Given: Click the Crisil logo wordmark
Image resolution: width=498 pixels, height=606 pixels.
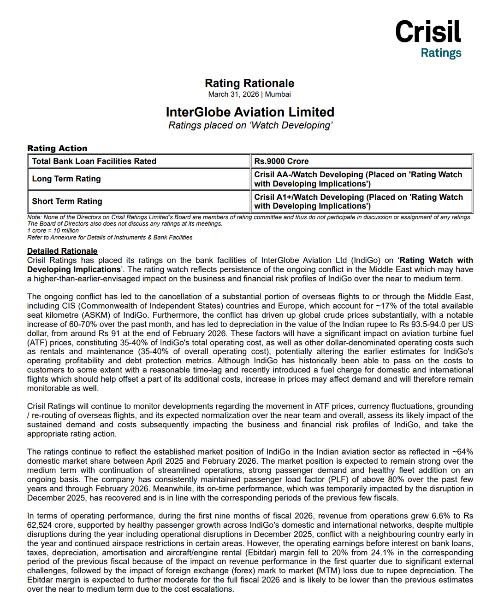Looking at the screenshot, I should tap(428, 32).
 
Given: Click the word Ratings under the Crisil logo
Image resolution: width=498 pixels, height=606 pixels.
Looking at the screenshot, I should tap(441, 53).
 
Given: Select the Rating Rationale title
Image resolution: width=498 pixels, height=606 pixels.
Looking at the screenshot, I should tap(249, 83).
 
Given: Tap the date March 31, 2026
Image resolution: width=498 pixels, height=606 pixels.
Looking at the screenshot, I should tap(233, 94).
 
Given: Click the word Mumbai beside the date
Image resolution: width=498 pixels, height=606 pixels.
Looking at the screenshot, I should tap(278, 94).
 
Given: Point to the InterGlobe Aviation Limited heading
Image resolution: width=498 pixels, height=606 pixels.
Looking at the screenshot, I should tap(250, 112).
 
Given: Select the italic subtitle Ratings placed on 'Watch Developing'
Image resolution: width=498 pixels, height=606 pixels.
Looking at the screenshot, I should tap(250, 125).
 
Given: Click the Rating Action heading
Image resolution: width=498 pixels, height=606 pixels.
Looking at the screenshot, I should tap(57, 148).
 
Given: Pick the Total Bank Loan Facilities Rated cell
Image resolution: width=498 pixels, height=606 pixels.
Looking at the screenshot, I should tap(94, 161).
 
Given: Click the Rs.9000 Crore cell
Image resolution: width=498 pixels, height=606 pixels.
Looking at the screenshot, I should tap(281, 161).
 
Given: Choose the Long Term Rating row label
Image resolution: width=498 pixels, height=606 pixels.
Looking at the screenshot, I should tap(66, 179).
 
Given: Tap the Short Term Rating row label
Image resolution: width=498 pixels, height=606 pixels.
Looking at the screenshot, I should tap(67, 201).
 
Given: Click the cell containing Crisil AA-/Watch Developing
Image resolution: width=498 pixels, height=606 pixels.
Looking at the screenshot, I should tap(358, 179).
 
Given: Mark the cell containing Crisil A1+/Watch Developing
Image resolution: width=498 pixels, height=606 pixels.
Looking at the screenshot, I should tap(358, 201).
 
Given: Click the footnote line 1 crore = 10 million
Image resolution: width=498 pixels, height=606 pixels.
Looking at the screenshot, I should tap(53, 231).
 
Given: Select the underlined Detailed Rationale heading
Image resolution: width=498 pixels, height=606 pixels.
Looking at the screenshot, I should tap(62, 251).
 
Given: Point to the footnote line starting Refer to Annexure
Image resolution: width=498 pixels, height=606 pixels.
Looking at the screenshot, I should tap(110, 238).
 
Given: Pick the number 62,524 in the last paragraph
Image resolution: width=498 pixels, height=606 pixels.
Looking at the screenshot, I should tap(41, 525).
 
